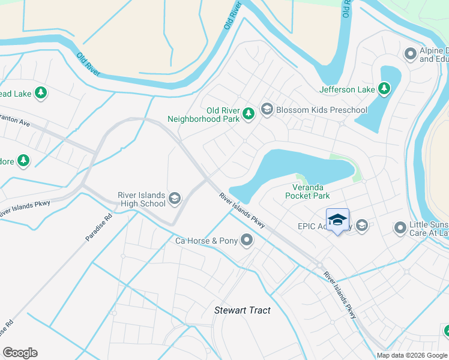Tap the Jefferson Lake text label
pos(347,90)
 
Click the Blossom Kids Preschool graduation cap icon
pos(267,110)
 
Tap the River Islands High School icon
pos(175,199)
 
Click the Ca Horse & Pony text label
pos(206,241)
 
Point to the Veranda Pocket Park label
pos(307,191)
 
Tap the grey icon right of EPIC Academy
pos(361,226)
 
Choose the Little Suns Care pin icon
pos(400,227)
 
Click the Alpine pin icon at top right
pos(411,55)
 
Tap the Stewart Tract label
pos(243,310)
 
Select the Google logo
pos(20,353)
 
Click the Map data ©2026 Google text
pos(411,355)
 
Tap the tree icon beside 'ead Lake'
pos(41,93)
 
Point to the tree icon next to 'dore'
pos(23,160)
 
